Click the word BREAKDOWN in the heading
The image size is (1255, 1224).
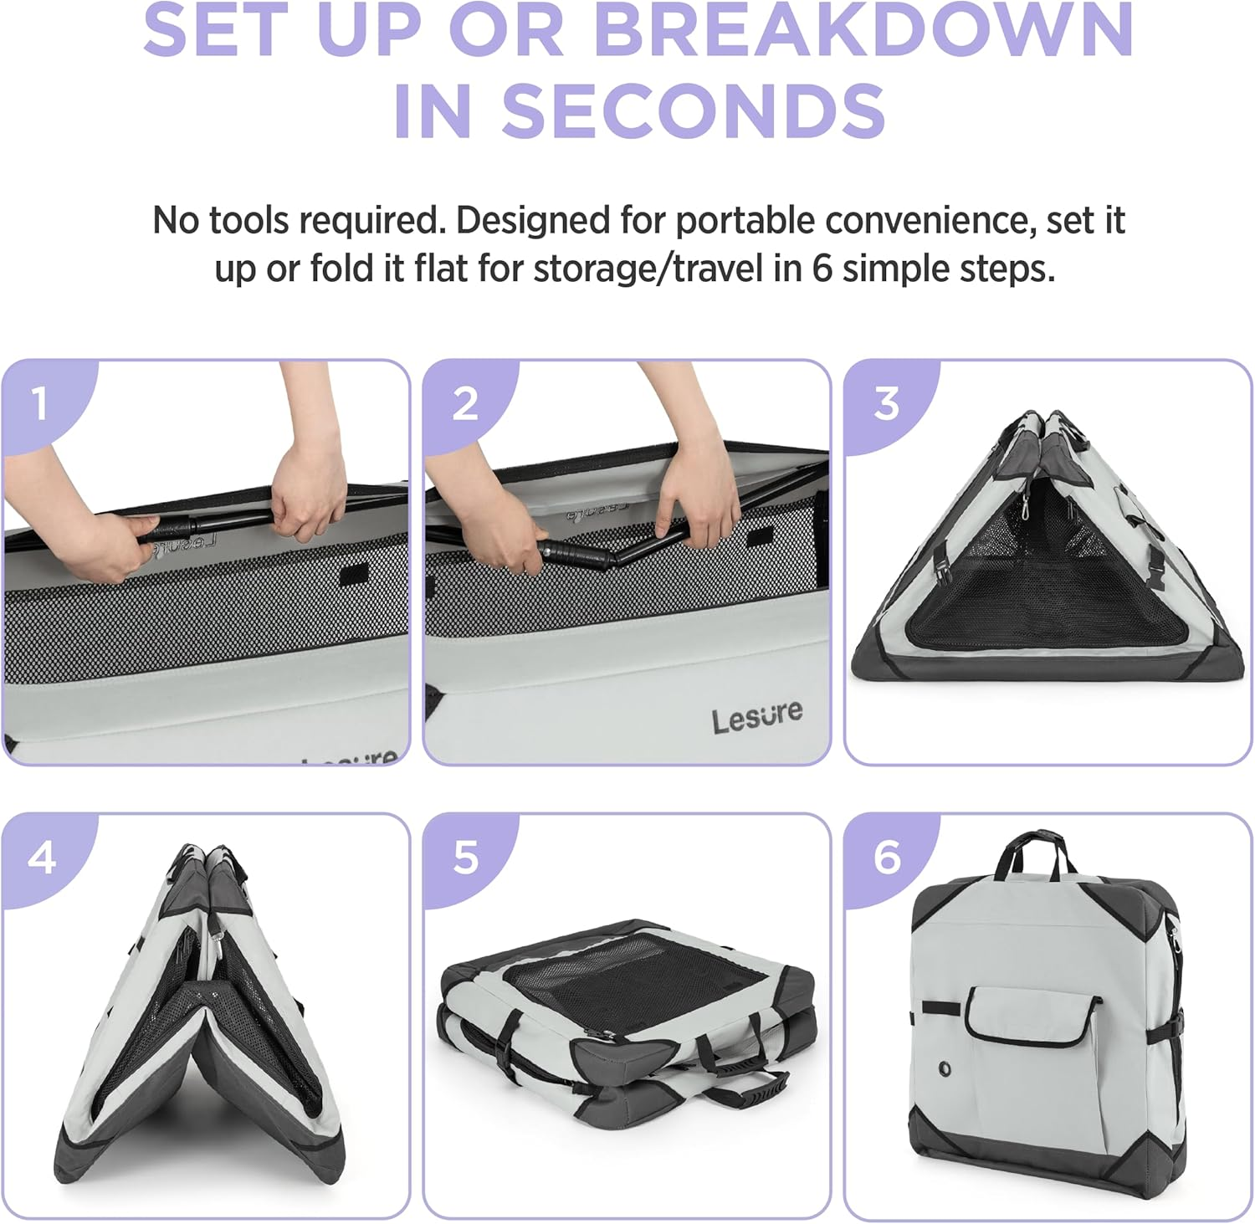tap(863, 29)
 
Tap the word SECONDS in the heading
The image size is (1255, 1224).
tap(694, 110)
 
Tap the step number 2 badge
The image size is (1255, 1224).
tap(465, 403)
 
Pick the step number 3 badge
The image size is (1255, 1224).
tap(887, 403)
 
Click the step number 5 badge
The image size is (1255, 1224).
tap(465, 858)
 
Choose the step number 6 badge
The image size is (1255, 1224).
tap(887, 858)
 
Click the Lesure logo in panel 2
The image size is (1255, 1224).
tap(757, 717)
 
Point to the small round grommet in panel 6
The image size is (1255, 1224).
tap(945, 1068)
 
